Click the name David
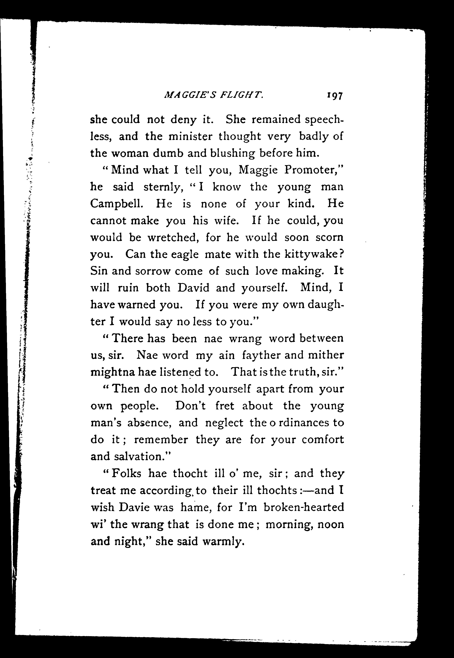[x=193, y=288]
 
